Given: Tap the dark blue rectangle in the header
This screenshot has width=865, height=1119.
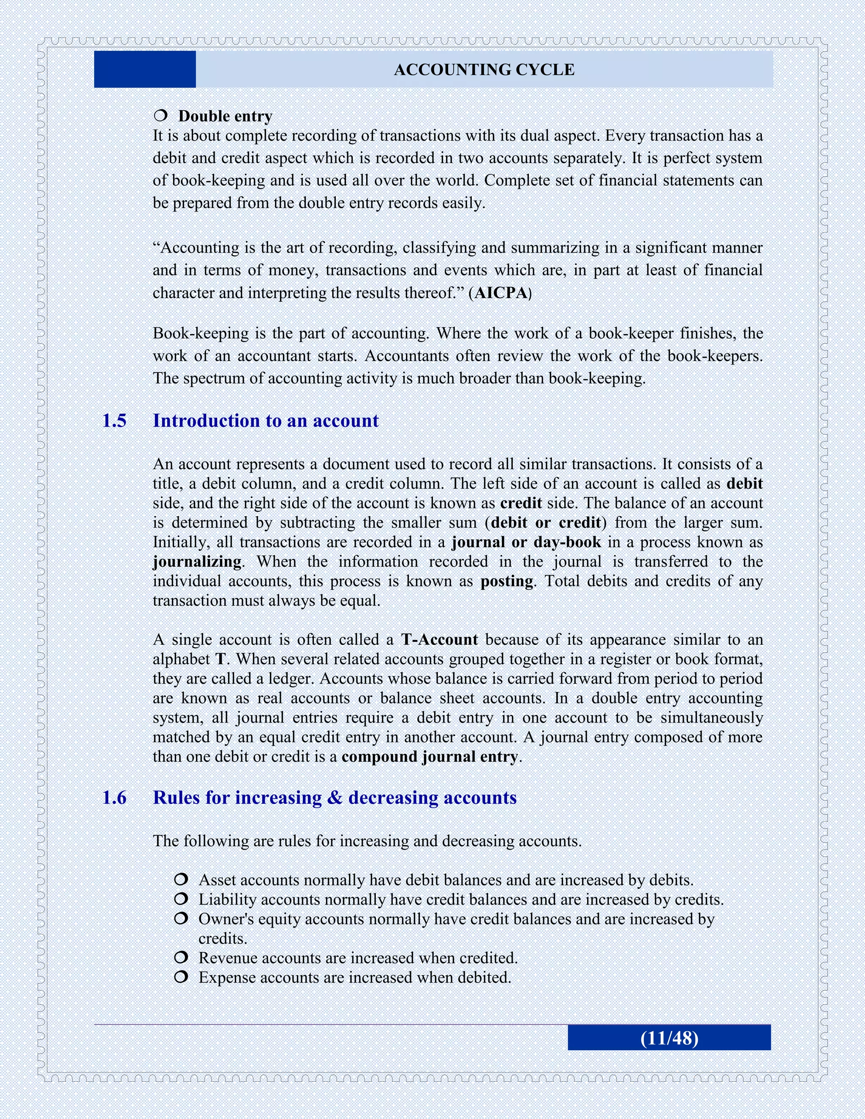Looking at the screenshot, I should [145, 69].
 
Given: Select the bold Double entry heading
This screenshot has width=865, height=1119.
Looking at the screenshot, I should [225, 116].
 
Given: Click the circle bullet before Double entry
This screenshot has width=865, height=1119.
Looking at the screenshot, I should [160, 116].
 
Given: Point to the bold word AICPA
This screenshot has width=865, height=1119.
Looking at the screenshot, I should [501, 293].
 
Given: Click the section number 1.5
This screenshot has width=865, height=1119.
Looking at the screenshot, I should [114, 421].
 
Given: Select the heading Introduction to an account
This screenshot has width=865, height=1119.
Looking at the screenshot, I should [265, 421].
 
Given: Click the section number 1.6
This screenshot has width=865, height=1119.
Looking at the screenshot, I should [114, 798].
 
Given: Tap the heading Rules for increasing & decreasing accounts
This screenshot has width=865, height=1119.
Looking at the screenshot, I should [335, 798].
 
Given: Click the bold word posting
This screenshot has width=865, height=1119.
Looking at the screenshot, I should [507, 581].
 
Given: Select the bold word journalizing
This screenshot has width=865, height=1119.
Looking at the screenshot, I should [197, 562].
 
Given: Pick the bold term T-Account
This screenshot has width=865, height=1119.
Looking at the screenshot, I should [439, 640].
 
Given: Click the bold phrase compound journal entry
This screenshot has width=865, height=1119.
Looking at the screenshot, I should [430, 757].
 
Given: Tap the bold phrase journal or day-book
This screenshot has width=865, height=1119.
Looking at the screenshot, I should [526, 543].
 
